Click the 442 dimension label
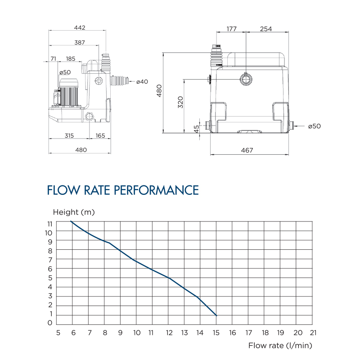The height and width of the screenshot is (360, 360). point(80,28)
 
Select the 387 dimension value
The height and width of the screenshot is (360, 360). point(80,43)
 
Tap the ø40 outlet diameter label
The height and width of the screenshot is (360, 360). point(143,81)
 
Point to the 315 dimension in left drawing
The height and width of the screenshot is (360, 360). point(69,135)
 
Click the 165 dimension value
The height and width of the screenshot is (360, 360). point(100,135)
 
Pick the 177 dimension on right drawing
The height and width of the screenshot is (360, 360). point(232,29)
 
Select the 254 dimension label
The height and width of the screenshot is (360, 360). point(266,29)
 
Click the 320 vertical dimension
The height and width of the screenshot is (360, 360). point(180,103)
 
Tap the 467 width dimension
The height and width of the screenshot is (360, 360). point(247,150)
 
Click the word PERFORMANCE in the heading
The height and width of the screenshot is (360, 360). point(156,190)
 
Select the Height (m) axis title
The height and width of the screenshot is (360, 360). point(74,212)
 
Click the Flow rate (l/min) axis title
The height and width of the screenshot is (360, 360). point(280,345)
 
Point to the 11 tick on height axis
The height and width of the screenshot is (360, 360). point(49,224)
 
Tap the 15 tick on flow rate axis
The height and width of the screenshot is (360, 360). point(216,333)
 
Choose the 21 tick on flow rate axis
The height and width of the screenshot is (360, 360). point(314,333)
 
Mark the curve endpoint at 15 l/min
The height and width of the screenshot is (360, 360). point(216,315)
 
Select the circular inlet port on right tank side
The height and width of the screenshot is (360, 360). point(245,80)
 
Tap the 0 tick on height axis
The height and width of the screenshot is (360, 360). point(50,323)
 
